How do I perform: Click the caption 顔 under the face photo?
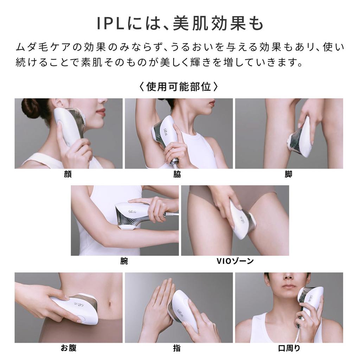(x=68, y=174)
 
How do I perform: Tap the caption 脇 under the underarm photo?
(x=177, y=174)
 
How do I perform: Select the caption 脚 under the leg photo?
(x=288, y=174)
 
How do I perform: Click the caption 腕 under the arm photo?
(x=124, y=261)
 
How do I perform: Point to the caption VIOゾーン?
(x=235, y=261)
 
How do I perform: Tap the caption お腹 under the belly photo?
(x=68, y=348)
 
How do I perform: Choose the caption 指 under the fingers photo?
(x=177, y=348)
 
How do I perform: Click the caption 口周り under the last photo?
(x=289, y=348)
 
